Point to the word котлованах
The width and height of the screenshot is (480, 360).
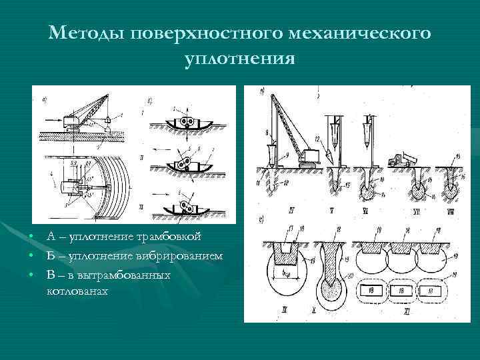77,291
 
